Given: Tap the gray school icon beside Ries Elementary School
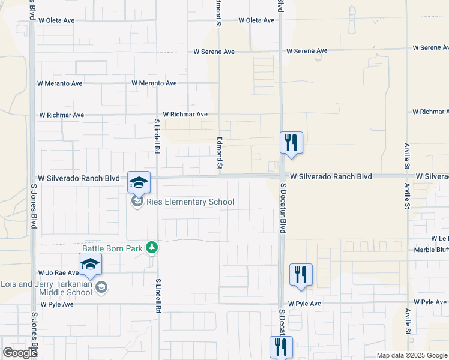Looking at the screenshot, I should (x=138, y=202).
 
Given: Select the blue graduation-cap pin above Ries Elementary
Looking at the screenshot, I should (x=139, y=182).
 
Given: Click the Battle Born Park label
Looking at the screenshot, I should (x=114, y=247).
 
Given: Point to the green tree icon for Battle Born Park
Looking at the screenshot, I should (x=152, y=247).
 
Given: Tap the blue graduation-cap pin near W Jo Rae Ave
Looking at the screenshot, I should (x=90, y=265).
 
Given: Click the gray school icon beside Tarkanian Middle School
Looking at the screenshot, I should (x=101, y=287).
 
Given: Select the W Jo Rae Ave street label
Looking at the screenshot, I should (x=58, y=273).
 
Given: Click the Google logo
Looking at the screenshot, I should (x=20, y=353).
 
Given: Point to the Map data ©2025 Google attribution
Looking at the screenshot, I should (x=412, y=355).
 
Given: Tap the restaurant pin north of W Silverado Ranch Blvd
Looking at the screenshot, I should (x=291, y=143).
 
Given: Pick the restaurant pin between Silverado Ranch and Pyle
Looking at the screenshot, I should (x=301, y=274).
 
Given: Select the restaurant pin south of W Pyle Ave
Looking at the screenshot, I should (x=280, y=346).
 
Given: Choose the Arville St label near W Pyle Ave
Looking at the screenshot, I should (x=408, y=322).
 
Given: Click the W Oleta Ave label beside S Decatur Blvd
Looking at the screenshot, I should (x=256, y=20).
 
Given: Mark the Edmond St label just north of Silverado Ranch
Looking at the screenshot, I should (x=220, y=152).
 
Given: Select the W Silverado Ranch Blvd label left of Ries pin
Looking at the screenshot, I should (x=79, y=178).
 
